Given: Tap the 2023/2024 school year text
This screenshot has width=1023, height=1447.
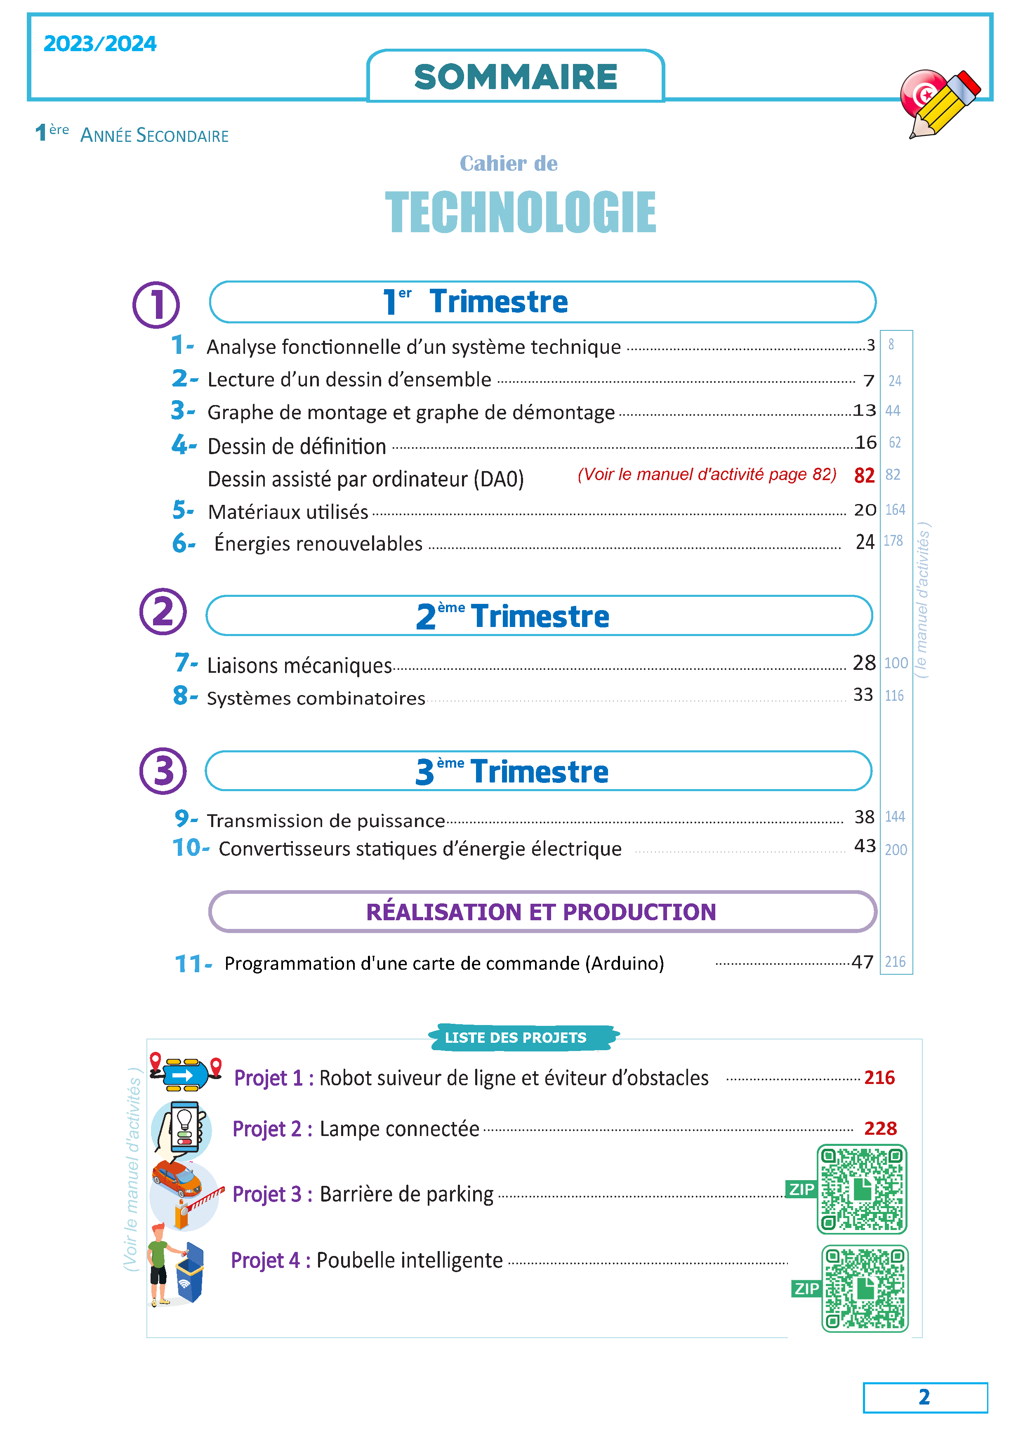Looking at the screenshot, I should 99,43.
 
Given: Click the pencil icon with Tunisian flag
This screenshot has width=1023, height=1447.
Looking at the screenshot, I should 939,103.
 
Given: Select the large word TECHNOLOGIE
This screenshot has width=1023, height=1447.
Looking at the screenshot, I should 520,212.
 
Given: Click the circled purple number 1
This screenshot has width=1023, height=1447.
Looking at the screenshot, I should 156,304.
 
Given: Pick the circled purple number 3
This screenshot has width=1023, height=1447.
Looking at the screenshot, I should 163,771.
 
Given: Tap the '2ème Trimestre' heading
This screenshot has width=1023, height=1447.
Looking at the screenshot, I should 512,616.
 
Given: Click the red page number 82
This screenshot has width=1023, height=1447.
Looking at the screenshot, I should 864,475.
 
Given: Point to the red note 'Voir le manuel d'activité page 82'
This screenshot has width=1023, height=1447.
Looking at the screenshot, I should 707,474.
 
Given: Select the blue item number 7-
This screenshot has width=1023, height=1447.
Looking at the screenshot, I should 185,662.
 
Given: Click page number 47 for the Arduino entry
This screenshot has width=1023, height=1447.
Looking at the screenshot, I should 862,962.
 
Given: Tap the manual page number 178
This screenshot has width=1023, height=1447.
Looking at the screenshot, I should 893,541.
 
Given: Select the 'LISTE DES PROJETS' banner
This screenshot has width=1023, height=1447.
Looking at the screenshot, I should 516,1037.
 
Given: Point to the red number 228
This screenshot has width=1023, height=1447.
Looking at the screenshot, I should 880,1128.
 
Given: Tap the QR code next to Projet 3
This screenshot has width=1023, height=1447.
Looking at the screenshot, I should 862,1189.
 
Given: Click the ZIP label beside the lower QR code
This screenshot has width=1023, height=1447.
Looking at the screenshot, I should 806,1289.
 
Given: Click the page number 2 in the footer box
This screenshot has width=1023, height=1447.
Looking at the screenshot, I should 924,1397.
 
